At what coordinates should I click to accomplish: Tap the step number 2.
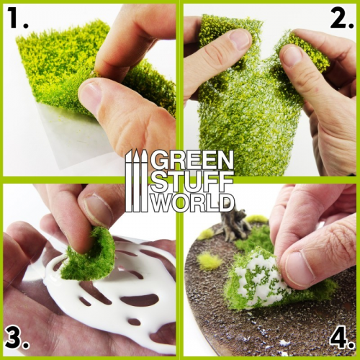(x=341, y=19)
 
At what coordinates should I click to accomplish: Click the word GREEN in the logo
(x=192, y=161)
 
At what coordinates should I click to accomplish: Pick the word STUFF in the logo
(x=192, y=180)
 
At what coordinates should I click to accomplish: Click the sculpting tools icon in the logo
(x=136, y=181)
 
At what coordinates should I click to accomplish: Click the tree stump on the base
(x=234, y=223)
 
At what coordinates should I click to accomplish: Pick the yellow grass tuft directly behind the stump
(x=256, y=218)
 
